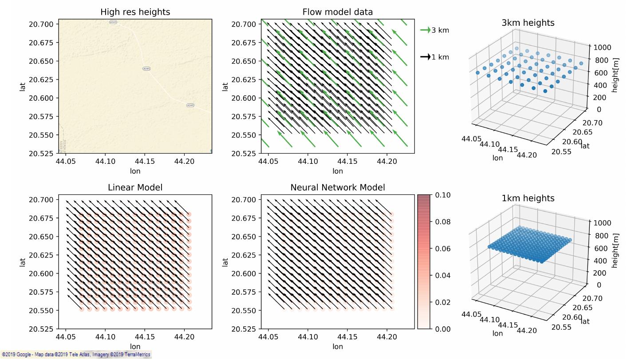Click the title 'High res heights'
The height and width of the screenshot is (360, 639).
pos(135,12)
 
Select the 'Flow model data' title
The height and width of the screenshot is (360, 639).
pos(337,12)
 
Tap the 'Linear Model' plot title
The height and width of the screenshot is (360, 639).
pos(135,188)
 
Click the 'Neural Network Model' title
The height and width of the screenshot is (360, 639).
pos(337,188)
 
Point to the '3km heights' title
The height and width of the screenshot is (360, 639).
pos(528,23)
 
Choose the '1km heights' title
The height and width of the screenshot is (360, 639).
pos(528,198)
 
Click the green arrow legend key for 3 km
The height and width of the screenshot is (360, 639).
pos(426,30)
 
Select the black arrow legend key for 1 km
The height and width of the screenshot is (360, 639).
pos(426,57)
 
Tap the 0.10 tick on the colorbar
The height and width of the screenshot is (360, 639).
pos(443,195)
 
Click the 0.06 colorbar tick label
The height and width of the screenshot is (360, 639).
pos(443,249)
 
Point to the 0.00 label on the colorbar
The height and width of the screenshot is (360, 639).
pos(443,329)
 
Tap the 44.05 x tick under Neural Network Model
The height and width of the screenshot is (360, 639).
pos(268,338)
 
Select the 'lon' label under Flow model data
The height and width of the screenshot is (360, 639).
pos(337,171)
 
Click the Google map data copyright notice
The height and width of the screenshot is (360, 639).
pos(75,355)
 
